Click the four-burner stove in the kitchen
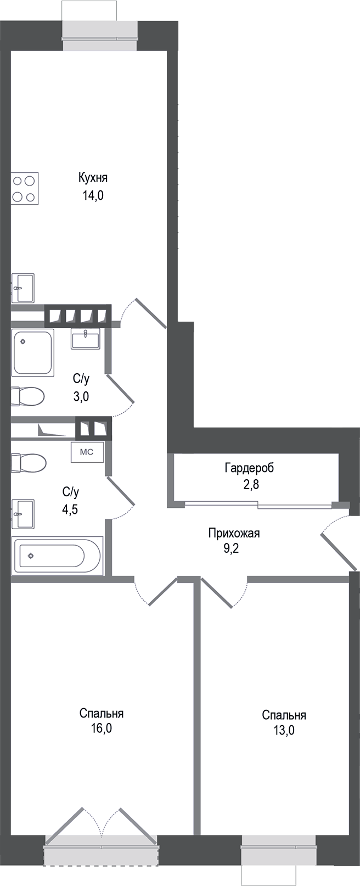[x=25, y=188]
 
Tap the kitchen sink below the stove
[x=23, y=288]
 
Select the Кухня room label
[x=93, y=178]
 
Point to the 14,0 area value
[x=93, y=195]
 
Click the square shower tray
[x=33, y=352]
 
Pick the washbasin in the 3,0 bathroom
[x=85, y=340]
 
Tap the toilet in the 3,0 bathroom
[x=27, y=397]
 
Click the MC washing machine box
[x=87, y=452]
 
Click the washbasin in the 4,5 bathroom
[x=23, y=513]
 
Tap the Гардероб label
[x=249, y=468]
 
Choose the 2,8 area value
[x=249, y=485]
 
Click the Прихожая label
[x=234, y=532]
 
